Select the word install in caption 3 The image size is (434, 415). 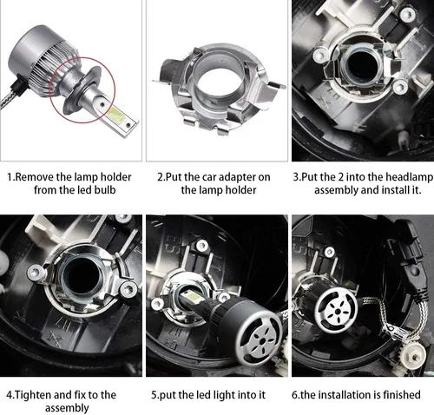point(375,189)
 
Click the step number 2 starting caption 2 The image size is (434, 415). point(161,175)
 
